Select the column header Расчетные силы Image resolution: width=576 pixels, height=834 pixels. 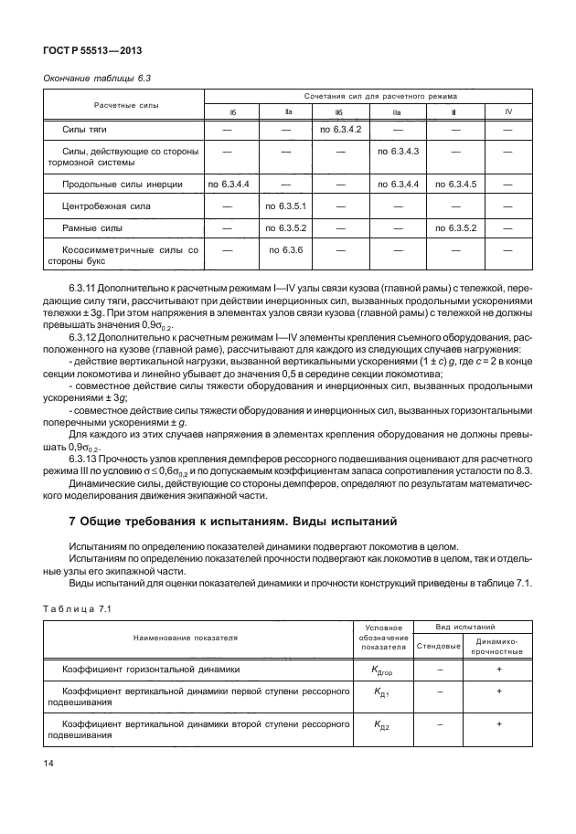123,105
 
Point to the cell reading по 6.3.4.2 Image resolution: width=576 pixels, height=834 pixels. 340,130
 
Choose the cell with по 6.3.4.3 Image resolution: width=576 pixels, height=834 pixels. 398,150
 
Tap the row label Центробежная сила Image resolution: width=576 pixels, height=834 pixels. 104,206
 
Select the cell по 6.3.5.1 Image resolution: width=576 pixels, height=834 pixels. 284,206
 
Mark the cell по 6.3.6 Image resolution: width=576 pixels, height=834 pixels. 284,248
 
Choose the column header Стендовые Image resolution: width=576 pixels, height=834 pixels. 438,646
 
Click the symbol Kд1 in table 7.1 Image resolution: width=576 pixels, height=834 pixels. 382,695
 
